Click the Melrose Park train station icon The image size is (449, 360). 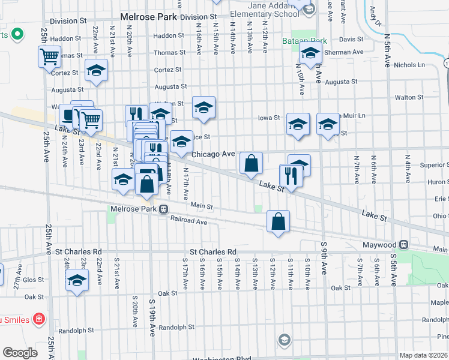[x=163, y=209]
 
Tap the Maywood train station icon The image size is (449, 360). [x=404, y=245]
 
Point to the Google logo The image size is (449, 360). [x=20, y=352]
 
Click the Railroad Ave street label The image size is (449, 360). [x=188, y=222]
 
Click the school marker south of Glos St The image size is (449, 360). [x=77, y=280]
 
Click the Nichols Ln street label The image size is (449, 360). [x=410, y=65]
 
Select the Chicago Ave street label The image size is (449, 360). [x=213, y=154]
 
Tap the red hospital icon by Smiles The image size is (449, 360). [x=38, y=319]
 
